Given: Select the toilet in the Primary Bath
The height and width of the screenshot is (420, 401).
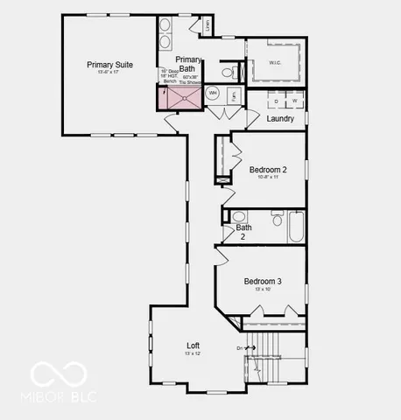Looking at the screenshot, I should pos(227,72).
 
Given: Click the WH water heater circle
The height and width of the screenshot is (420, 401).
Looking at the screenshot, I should pos(213,92).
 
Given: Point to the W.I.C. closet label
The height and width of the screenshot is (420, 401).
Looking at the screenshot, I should pos(274,62).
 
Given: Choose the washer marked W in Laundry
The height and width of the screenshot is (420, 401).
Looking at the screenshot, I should pos(295,101).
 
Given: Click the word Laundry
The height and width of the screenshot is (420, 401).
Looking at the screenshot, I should pos(280,118).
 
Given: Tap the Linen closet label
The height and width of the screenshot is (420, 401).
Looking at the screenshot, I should pos(207,27).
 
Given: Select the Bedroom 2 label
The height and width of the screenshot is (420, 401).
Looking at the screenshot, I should pos(268,169).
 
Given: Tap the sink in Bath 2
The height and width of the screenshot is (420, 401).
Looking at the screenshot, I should pos(236,217).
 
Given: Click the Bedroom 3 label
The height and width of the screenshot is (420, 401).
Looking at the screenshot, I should pos(262,281).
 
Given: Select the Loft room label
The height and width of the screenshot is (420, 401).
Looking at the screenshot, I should pos(193,345).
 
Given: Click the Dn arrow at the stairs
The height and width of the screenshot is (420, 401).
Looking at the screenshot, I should pos(247,347).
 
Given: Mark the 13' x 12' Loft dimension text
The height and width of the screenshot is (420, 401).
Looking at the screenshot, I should pos(193,353).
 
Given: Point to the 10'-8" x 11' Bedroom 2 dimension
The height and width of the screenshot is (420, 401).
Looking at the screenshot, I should pos(268,178).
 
